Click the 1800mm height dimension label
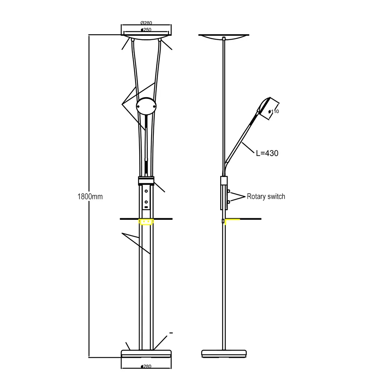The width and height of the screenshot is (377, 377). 90,196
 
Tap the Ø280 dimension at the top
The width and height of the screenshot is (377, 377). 146,23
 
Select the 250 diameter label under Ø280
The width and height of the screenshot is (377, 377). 146,29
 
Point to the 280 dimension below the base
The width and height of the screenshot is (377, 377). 146,366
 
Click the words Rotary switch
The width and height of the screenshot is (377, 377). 266,196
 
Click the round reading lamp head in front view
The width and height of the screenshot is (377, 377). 146,107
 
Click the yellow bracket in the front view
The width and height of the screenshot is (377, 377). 146,222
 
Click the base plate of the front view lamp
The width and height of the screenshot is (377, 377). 146,354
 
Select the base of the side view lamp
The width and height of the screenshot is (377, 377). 225,354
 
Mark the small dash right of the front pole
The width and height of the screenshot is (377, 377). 171,333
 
